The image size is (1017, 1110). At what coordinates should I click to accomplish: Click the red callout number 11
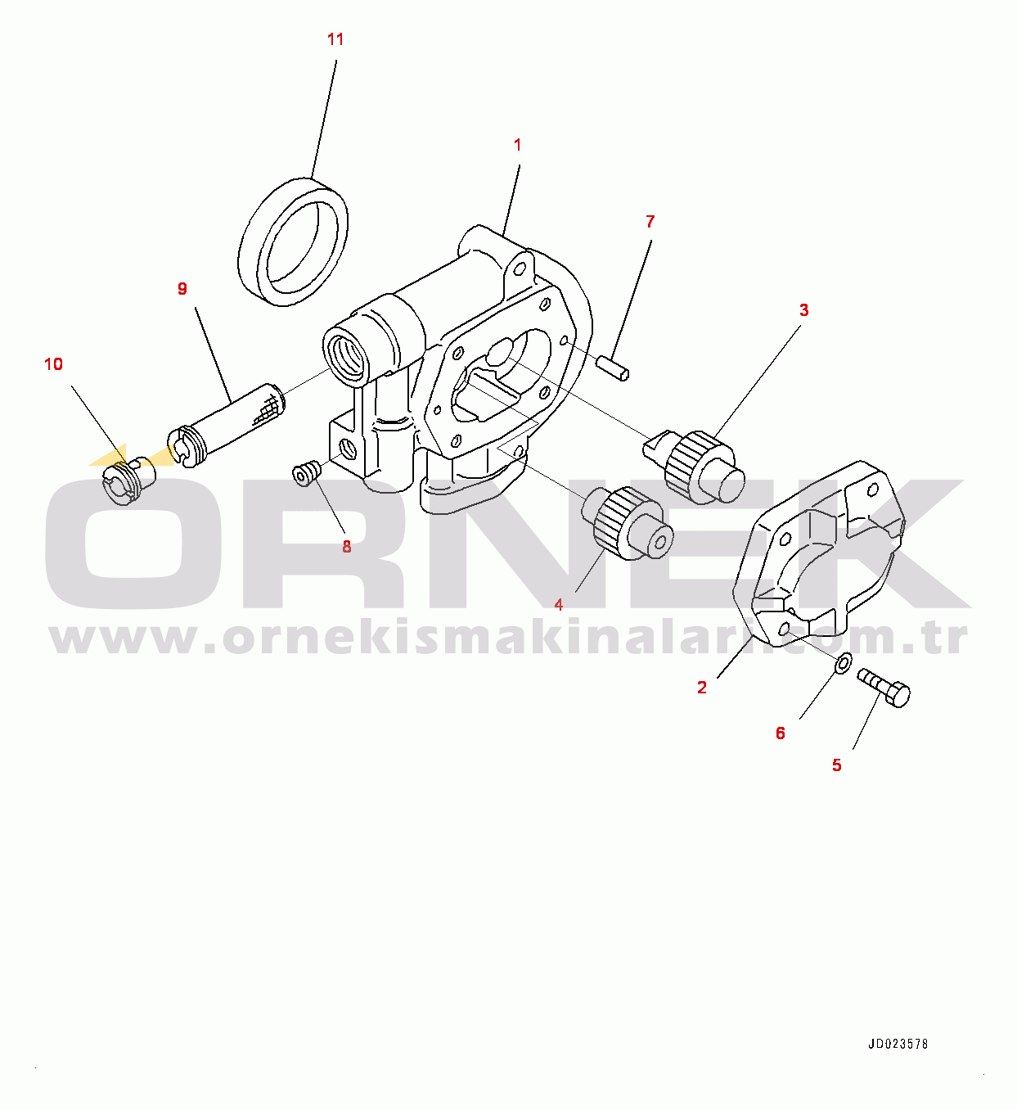(335, 39)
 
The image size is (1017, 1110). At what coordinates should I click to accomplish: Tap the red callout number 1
(517, 145)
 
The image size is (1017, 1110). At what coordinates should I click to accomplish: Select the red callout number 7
(650, 221)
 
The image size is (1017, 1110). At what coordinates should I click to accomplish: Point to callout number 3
(804, 310)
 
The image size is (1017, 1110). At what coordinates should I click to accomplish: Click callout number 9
(182, 288)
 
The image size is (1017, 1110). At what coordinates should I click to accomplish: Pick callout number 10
(54, 364)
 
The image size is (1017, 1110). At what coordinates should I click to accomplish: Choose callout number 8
(347, 547)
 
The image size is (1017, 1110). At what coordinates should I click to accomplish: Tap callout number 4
(559, 605)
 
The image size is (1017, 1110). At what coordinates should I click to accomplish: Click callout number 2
(702, 688)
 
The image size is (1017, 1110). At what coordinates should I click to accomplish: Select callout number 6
(781, 733)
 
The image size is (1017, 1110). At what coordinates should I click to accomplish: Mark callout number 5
(837, 765)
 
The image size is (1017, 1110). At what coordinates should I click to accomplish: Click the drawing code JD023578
(898, 1044)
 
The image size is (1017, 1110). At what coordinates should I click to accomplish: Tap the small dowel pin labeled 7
(613, 368)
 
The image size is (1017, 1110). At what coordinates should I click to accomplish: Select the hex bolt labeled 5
(883, 688)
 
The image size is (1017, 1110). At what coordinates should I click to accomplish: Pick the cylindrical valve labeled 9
(226, 425)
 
